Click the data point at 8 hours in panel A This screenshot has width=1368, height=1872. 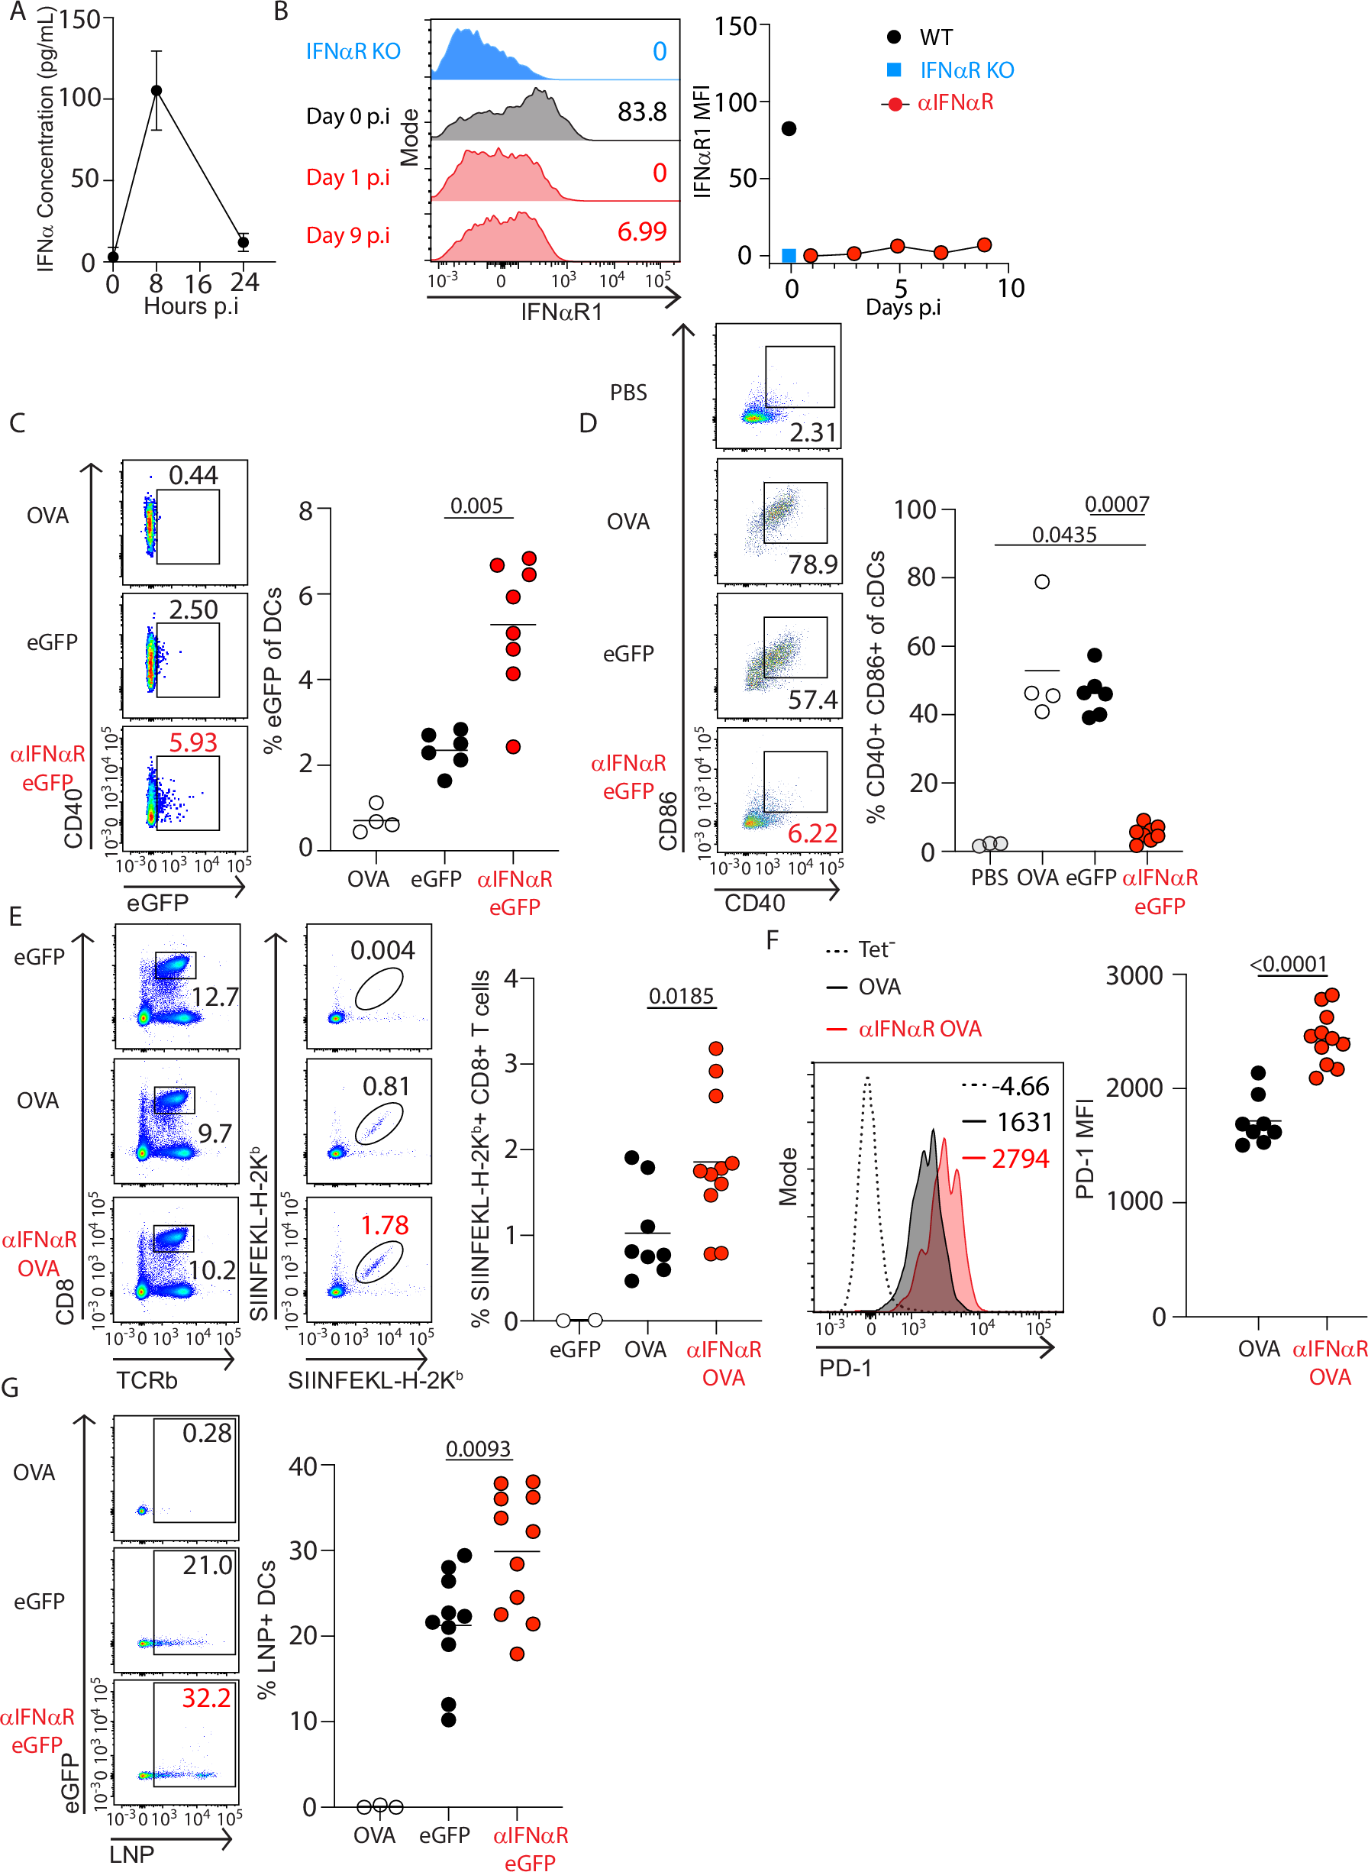click(x=156, y=90)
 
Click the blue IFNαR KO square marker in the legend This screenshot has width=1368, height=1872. click(x=893, y=70)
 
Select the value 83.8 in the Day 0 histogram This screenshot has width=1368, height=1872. click(x=642, y=112)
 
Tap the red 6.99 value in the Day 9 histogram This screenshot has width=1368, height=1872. click(x=642, y=232)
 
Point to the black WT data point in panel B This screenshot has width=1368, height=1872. click(x=789, y=128)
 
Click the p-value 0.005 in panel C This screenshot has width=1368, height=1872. click(x=477, y=506)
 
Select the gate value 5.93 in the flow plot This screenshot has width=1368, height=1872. click(x=193, y=742)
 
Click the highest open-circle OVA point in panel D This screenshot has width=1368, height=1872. click(x=1042, y=581)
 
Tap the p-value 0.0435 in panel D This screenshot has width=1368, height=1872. click(x=1064, y=535)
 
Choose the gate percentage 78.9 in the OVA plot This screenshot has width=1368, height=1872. click(x=812, y=565)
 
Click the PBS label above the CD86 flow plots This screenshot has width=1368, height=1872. click(x=628, y=393)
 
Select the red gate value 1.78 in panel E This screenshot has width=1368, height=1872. click(x=384, y=1224)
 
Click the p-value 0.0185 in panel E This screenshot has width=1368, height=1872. click(x=681, y=996)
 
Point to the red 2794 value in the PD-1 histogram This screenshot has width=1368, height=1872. click(x=1020, y=1159)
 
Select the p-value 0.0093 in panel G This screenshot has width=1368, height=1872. click(x=478, y=1449)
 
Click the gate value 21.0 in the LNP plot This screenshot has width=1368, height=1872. click(x=207, y=1565)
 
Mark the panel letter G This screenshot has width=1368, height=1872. click(x=11, y=1388)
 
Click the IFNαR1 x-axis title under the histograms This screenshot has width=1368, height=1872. click(x=561, y=312)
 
